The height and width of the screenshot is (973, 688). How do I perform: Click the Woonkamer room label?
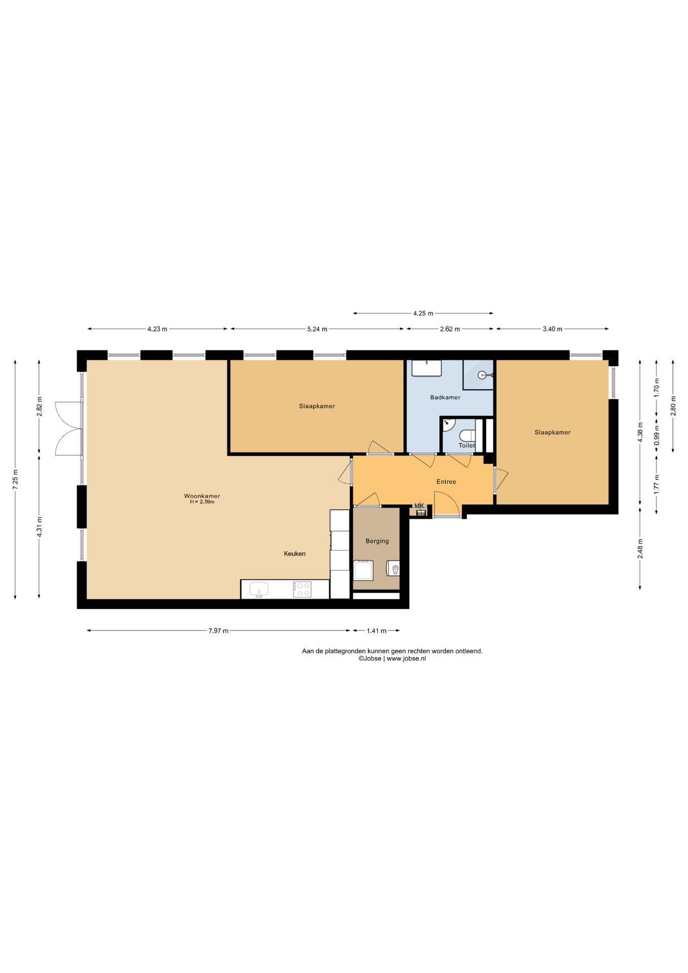tap(202, 496)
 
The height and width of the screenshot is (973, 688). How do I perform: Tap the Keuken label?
tap(294, 554)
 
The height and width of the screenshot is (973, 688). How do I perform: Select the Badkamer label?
tap(445, 397)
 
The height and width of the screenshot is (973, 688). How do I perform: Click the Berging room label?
tap(377, 541)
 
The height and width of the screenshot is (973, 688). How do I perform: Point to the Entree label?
tap(446, 482)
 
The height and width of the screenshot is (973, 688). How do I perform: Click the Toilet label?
tap(467, 445)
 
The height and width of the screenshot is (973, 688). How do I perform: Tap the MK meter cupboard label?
tap(419, 506)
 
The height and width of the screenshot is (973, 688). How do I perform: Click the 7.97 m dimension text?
tap(218, 631)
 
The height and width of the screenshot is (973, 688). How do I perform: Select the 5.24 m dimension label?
tap(317, 329)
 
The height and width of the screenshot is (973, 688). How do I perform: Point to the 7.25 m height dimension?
tap(16, 479)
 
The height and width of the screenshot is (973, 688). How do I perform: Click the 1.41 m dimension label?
tap(376, 631)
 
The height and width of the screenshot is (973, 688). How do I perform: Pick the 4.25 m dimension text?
tap(423, 313)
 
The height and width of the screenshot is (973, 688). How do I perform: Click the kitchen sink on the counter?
tap(259, 589)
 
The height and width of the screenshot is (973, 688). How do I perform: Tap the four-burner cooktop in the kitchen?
tap(302, 589)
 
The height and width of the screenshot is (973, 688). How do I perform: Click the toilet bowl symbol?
tap(468, 435)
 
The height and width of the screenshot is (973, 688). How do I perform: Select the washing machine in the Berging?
tap(363, 570)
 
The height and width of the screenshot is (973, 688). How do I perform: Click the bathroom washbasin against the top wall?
tap(426, 368)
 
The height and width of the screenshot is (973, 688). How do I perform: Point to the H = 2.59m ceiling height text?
tap(202, 502)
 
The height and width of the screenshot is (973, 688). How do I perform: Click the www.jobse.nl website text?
tap(406, 658)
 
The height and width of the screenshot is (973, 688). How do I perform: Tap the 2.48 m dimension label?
tap(640, 548)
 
